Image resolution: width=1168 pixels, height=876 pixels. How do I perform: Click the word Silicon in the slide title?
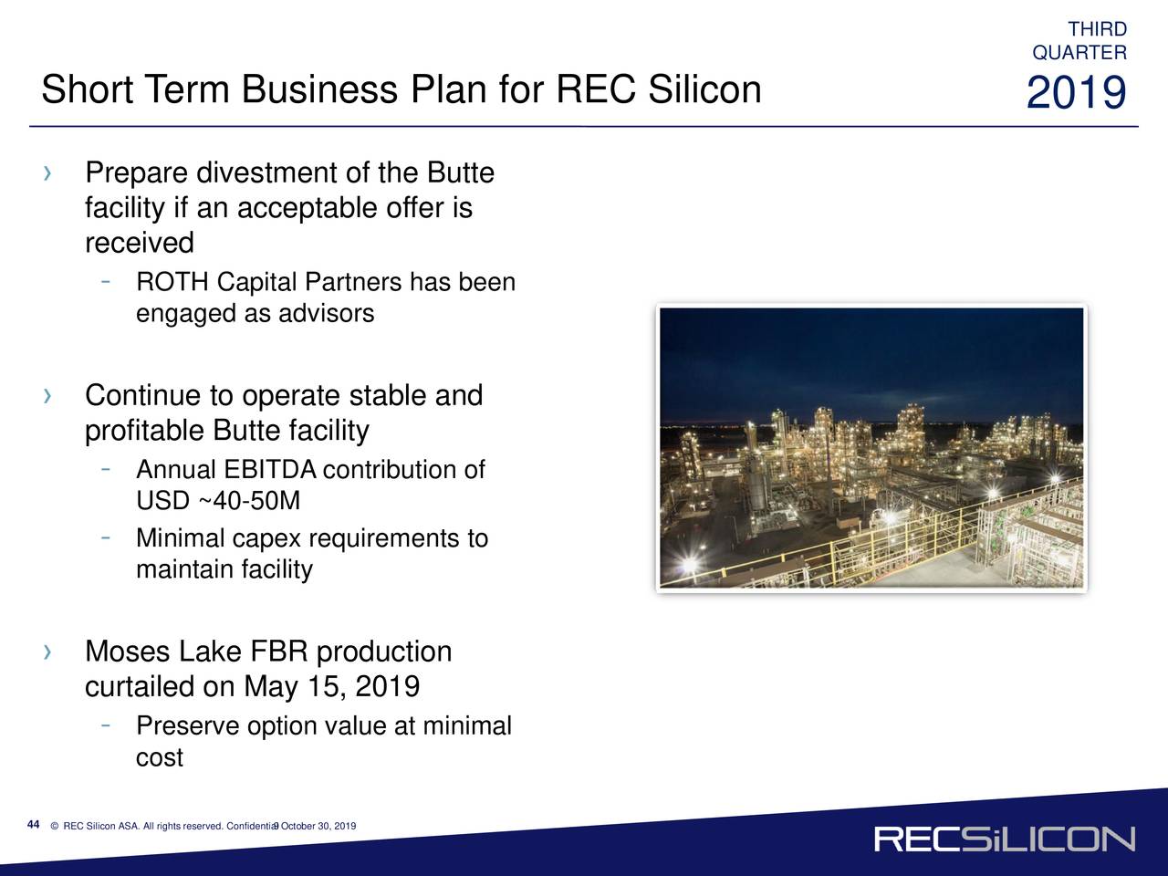[x=704, y=89]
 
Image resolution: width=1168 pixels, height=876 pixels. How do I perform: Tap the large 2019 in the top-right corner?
[x=1077, y=92]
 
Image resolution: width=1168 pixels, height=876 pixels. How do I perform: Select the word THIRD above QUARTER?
[x=1097, y=28]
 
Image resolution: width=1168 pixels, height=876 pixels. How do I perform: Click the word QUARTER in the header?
[x=1079, y=53]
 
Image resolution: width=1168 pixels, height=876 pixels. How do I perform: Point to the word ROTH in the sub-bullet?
[x=172, y=282]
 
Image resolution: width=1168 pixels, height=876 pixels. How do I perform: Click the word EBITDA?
[x=270, y=470]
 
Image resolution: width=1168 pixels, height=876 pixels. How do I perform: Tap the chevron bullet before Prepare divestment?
[x=47, y=173]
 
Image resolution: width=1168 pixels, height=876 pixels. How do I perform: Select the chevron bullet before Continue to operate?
[x=47, y=396]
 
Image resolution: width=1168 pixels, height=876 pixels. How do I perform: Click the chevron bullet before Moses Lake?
[x=47, y=652]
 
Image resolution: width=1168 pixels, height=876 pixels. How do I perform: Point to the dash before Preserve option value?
[x=106, y=725]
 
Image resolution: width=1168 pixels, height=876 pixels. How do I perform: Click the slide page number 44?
[x=33, y=824]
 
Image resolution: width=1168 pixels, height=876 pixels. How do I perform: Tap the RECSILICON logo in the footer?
[x=1005, y=839]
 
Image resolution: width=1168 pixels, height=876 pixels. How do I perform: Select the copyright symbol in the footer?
[x=54, y=826]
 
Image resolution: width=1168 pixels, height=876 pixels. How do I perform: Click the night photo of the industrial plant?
[x=871, y=448]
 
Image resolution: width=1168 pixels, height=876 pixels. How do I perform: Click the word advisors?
[x=326, y=313]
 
